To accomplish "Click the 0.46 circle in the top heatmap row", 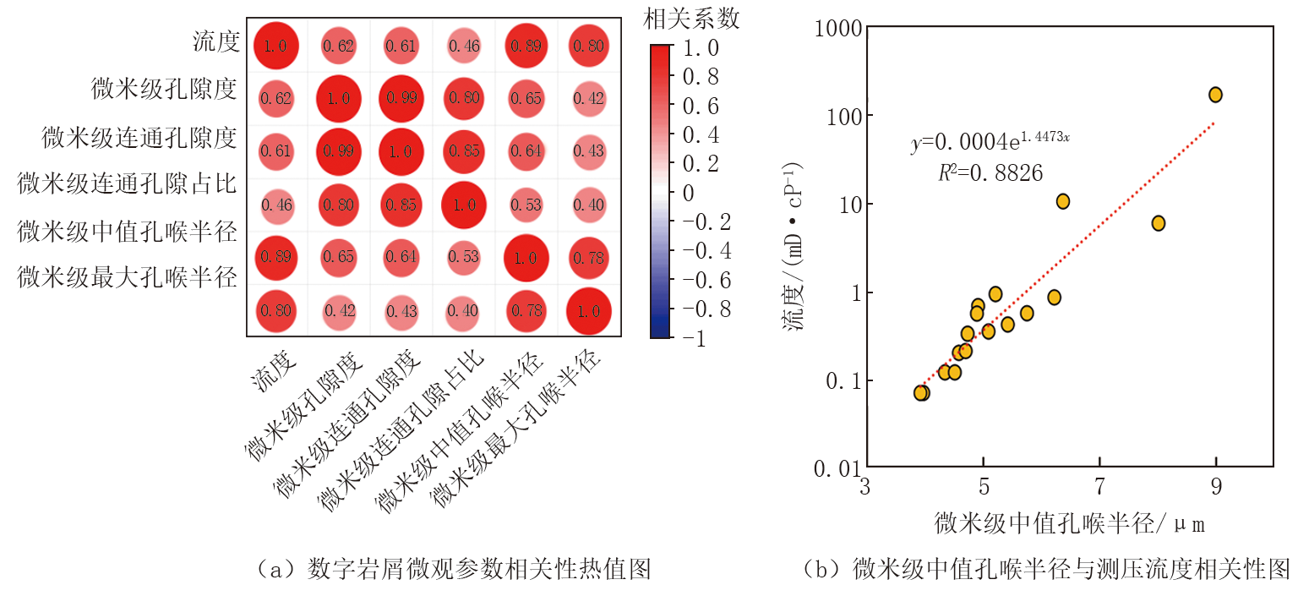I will tap(463, 46).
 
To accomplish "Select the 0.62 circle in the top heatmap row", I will tap(339, 46).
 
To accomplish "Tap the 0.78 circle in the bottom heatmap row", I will tap(526, 310).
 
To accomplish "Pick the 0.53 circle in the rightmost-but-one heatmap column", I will tap(526, 204).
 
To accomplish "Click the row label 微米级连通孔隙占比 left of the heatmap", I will tap(128, 183).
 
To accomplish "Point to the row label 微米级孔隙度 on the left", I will tap(164, 89).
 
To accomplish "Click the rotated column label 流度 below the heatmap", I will tap(272, 373).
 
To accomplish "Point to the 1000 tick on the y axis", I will tap(837, 28).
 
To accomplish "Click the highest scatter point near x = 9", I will tap(1215, 95).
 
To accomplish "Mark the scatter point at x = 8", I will tap(1158, 223).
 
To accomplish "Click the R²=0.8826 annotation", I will tap(990, 173).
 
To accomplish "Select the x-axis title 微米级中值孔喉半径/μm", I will tap(1070, 524).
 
